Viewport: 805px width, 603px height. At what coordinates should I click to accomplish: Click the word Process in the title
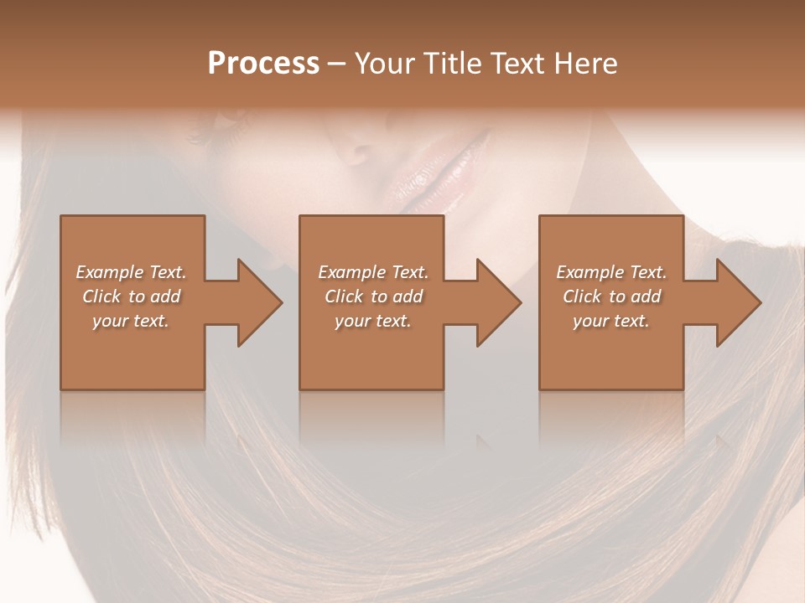[263, 64]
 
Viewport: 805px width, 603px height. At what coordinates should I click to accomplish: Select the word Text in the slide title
[516, 64]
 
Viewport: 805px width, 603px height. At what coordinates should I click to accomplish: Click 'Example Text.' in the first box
[131, 272]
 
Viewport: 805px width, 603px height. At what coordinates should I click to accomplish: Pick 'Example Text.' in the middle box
[373, 272]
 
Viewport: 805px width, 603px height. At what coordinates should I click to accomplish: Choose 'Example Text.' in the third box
[611, 272]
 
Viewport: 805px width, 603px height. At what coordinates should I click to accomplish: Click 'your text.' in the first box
[131, 321]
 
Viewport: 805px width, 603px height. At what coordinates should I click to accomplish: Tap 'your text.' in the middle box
[373, 321]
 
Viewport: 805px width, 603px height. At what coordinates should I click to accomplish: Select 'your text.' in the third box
[611, 321]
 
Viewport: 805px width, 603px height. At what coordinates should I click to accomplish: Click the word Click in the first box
[102, 296]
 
